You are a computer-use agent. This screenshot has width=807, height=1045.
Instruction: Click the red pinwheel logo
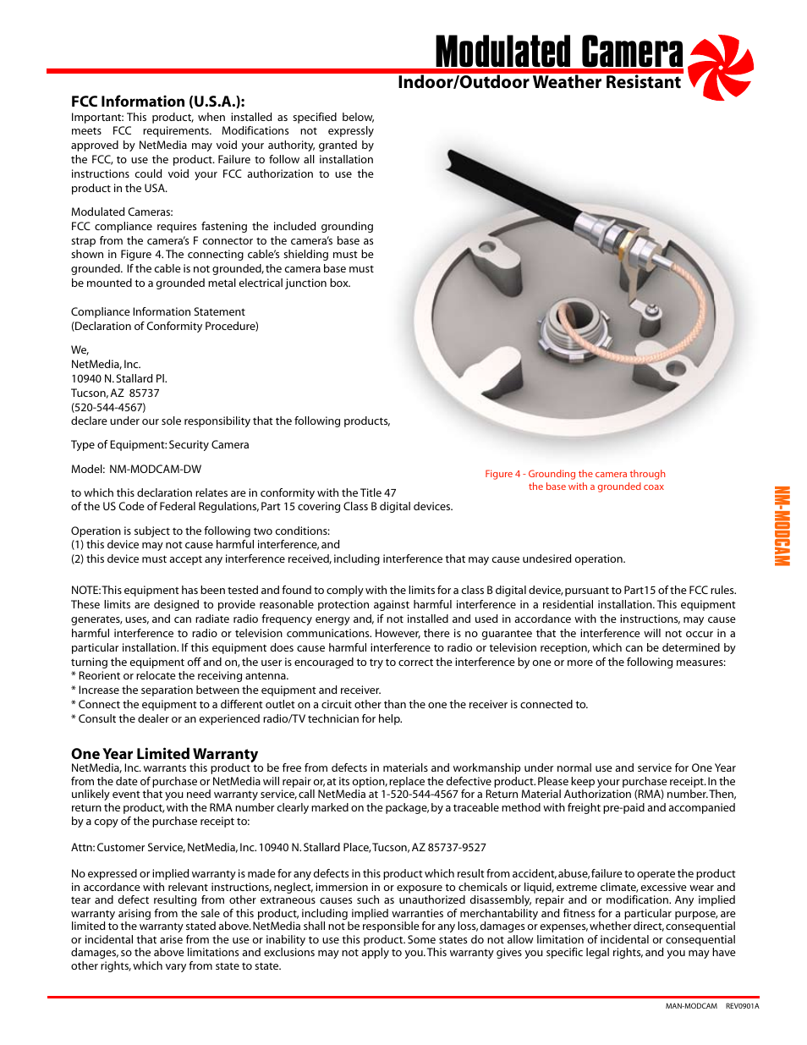click(721, 67)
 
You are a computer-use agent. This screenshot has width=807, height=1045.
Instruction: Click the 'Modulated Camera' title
click(559, 52)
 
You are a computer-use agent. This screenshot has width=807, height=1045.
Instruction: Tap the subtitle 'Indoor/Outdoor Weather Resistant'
click(539, 83)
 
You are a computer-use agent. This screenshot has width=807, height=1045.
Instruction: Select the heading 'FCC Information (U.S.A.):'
click(158, 102)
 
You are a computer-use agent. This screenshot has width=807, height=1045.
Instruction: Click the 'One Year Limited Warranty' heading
click(164, 754)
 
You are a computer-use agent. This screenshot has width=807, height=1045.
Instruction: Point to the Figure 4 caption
click(575, 480)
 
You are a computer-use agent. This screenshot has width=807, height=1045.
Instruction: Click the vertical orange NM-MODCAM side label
click(782, 526)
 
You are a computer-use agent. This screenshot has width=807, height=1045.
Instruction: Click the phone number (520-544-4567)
click(108, 407)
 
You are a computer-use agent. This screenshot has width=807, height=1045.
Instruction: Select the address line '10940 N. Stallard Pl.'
click(119, 379)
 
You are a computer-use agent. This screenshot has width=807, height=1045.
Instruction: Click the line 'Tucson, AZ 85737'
click(115, 393)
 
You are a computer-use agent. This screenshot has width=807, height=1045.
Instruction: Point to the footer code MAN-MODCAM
click(691, 1006)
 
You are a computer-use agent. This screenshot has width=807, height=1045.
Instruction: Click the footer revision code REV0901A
click(742, 1006)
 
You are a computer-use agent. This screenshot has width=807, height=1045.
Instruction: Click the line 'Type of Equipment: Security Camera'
click(160, 445)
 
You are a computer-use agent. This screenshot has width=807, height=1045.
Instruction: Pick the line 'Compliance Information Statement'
click(158, 312)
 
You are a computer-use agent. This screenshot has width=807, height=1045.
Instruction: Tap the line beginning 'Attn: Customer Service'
click(278, 848)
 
